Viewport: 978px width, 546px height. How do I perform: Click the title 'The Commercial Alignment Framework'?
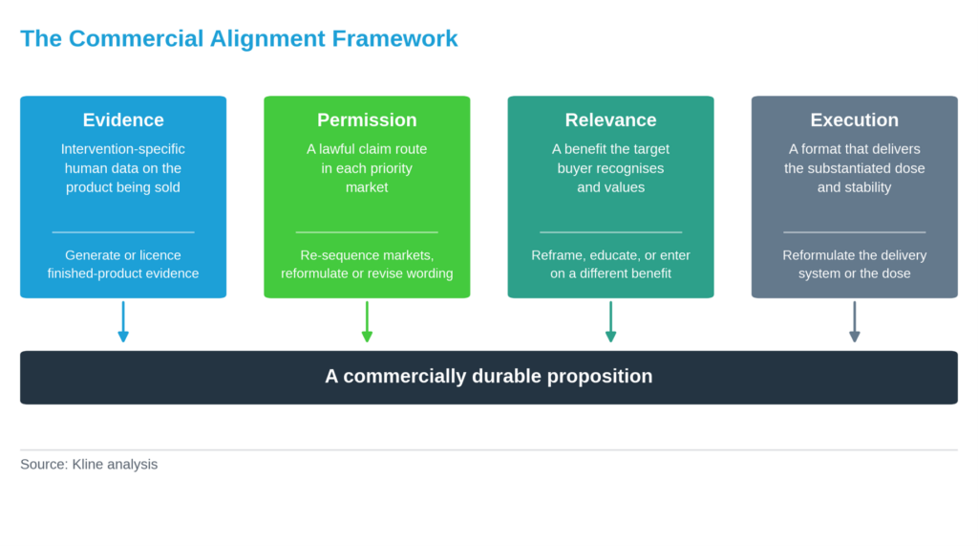click(239, 39)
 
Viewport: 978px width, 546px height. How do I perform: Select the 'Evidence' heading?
click(123, 120)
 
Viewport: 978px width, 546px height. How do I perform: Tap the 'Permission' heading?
click(367, 120)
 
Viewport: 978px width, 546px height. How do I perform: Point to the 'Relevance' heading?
click(610, 120)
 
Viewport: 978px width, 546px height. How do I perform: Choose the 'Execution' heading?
click(855, 120)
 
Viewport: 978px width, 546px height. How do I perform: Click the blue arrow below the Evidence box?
click(123, 321)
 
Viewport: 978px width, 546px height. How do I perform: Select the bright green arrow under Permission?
click(367, 321)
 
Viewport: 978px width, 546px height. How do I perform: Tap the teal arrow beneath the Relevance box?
click(610, 321)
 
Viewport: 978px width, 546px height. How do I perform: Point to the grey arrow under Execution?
click(855, 321)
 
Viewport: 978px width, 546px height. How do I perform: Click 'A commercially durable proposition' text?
click(488, 376)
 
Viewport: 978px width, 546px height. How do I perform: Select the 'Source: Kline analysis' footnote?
click(89, 464)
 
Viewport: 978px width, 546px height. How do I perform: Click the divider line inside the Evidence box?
click(123, 232)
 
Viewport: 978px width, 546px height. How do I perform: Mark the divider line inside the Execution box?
click(855, 232)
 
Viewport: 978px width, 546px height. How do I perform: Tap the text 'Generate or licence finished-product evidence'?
click(123, 264)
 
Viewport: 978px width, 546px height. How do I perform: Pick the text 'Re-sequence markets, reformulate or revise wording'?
click(367, 264)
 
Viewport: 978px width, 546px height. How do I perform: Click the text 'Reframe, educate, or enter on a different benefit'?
click(610, 264)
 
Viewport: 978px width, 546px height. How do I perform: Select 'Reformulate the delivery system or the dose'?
click(855, 264)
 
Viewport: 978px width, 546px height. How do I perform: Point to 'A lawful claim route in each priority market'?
click(367, 168)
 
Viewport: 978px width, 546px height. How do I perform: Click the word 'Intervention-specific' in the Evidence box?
click(123, 149)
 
